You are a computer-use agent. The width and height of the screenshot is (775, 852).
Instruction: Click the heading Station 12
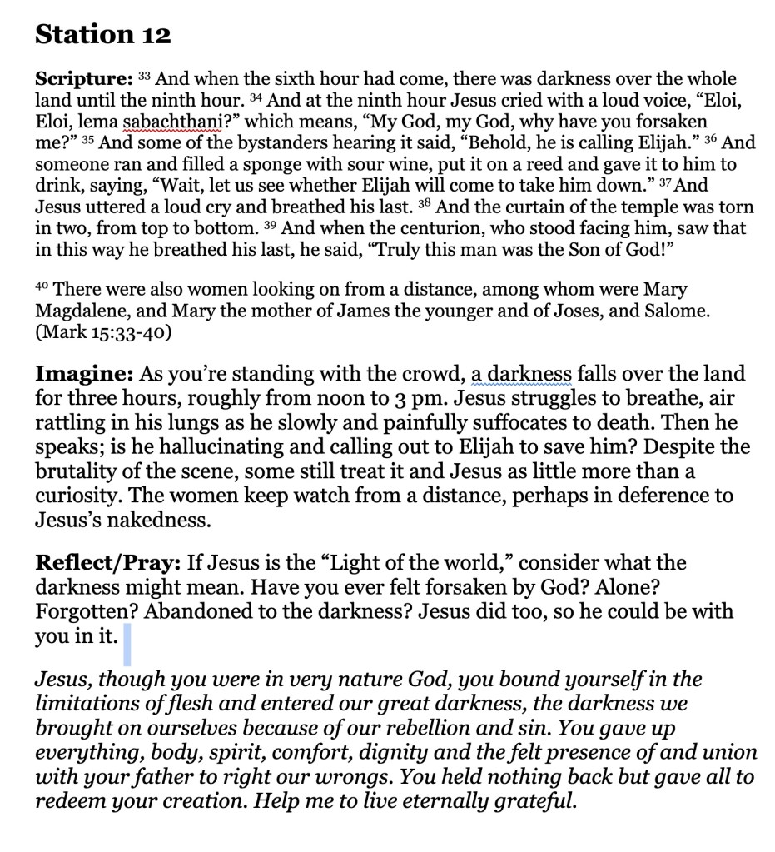point(102,35)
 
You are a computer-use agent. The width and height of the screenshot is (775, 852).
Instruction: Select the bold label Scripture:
point(83,80)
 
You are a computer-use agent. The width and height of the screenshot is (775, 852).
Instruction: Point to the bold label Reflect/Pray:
point(106,562)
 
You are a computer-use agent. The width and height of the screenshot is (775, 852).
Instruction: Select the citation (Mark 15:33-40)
point(103,333)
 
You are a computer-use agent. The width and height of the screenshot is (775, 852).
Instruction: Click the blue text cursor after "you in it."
point(127,646)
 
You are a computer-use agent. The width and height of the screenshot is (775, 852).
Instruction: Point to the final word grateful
point(533,803)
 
